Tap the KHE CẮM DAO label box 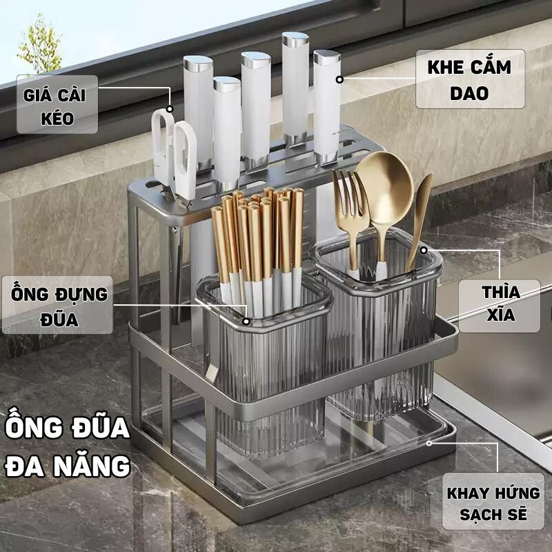pos(469,79)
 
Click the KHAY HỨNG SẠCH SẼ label pos(493,503)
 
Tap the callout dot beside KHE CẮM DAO pos(339,79)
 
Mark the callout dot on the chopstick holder pos(247,321)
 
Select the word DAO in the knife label pos(469,93)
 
